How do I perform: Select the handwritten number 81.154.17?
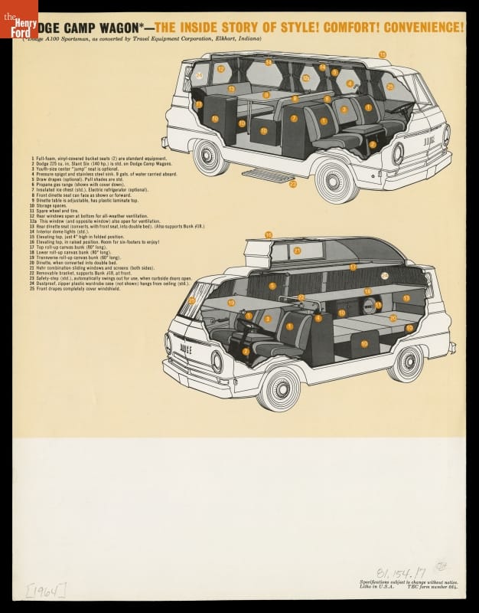[x=400, y=571]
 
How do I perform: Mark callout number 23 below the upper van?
[x=292, y=184]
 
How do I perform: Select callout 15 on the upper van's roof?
[x=383, y=54]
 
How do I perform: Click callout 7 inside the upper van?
[x=293, y=119]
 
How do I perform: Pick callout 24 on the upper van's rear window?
[x=199, y=75]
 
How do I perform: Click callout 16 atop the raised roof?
[x=269, y=234]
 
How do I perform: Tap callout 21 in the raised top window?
[x=297, y=250]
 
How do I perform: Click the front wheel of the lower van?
[x=279, y=388]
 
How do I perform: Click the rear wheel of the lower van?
[x=406, y=362]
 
